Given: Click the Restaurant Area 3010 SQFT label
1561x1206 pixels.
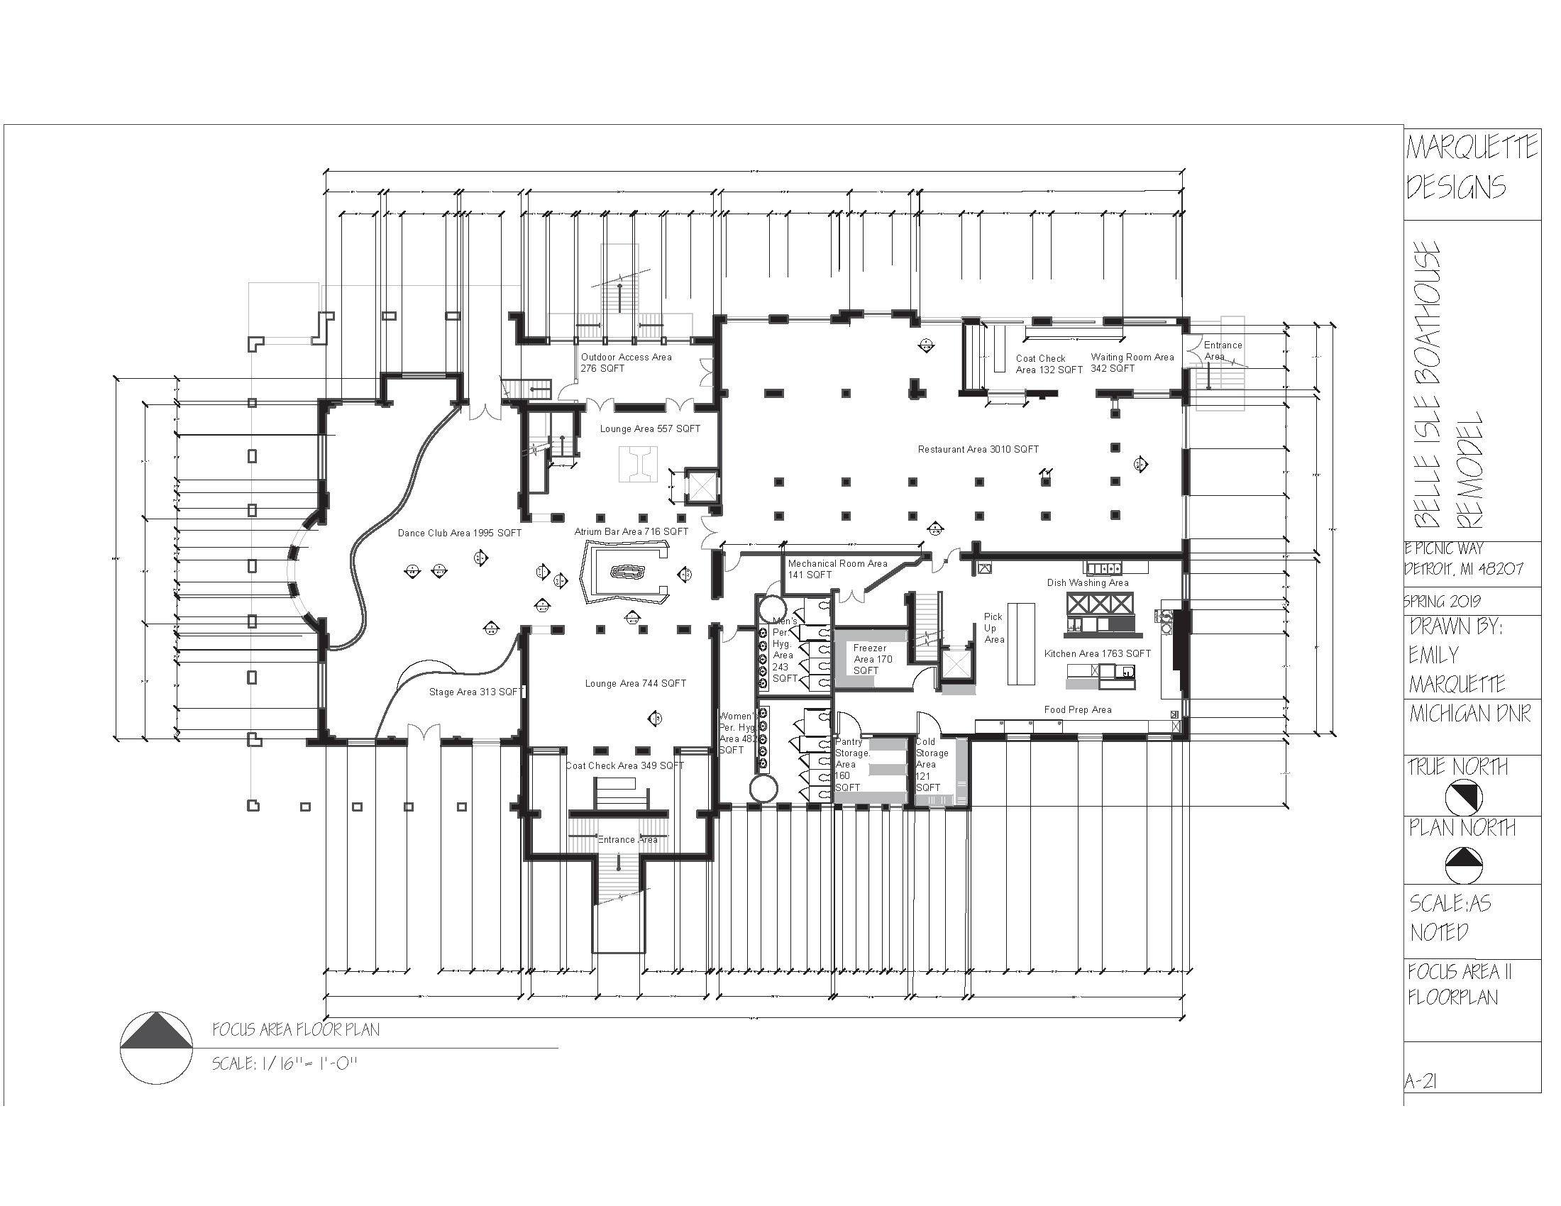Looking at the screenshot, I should [978, 449].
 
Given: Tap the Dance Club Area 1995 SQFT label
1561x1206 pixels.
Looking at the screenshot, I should [459, 533].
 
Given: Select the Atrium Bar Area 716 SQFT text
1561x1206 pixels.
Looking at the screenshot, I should [631, 531].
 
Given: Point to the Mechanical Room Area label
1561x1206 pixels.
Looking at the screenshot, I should [837, 569].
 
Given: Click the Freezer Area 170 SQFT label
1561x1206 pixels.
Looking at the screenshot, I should [872, 659].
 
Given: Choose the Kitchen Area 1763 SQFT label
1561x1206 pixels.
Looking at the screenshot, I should [1097, 654].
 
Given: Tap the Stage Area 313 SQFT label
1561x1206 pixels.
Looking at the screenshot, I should [475, 692].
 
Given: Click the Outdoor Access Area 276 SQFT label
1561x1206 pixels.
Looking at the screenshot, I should [625, 363].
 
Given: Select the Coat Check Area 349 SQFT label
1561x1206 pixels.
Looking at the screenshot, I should [624, 765].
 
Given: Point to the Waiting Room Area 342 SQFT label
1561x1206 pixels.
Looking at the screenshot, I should [1132, 363].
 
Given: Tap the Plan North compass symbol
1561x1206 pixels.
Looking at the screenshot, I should [1463, 865].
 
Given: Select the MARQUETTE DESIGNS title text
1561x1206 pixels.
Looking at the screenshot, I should [1471, 167].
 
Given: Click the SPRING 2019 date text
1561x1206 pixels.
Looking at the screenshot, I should [1442, 602].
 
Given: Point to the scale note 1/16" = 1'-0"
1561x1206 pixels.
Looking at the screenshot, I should [284, 1064].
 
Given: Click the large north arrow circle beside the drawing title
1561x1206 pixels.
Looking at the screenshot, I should [156, 1048].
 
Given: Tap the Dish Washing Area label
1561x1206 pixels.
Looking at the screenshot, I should [1087, 582].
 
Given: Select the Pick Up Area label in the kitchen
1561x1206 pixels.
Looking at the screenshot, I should [993, 628].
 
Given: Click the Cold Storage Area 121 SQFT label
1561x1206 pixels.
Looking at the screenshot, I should [932, 765].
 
